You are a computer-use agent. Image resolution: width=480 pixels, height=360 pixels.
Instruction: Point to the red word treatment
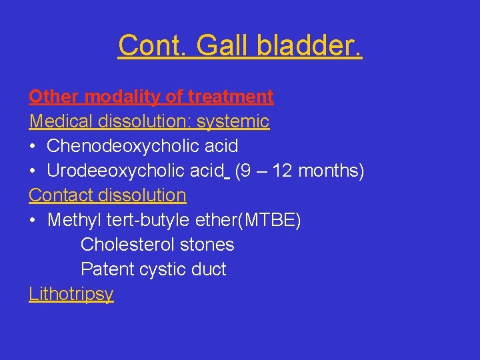tap(231, 97)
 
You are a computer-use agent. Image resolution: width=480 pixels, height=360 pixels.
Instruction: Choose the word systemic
tap(233, 121)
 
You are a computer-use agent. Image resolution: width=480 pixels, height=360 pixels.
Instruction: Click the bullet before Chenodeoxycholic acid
tap(33, 146)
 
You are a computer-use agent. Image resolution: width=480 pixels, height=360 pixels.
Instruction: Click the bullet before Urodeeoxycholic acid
tap(33, 171)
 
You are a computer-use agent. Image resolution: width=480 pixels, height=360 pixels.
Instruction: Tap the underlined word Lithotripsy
tap(71, 294)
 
